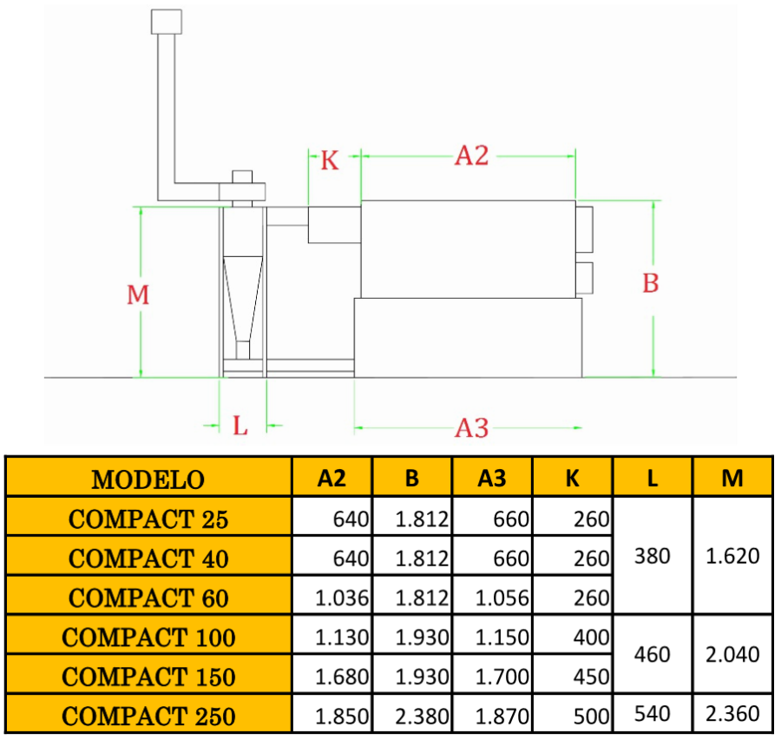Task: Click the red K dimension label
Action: coord(330,161)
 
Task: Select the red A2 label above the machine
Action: coord(472,156)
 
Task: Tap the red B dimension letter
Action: coord(650,283)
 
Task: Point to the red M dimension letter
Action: coord(138,295)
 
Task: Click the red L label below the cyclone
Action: coord(240,426)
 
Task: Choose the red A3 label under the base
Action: coord(472,428)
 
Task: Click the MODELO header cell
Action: coord(148,479)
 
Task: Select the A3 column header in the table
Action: coord(492,478)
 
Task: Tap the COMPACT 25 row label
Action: coord(148,519)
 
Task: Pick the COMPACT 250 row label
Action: coord(148,716)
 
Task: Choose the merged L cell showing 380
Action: coord(652,556)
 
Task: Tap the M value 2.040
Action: coord(733,654)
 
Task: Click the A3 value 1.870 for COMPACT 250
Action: coord(502,716)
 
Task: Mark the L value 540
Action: coord(652,714)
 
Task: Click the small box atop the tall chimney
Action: coord(166,22)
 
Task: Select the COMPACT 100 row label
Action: coord(148,637)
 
